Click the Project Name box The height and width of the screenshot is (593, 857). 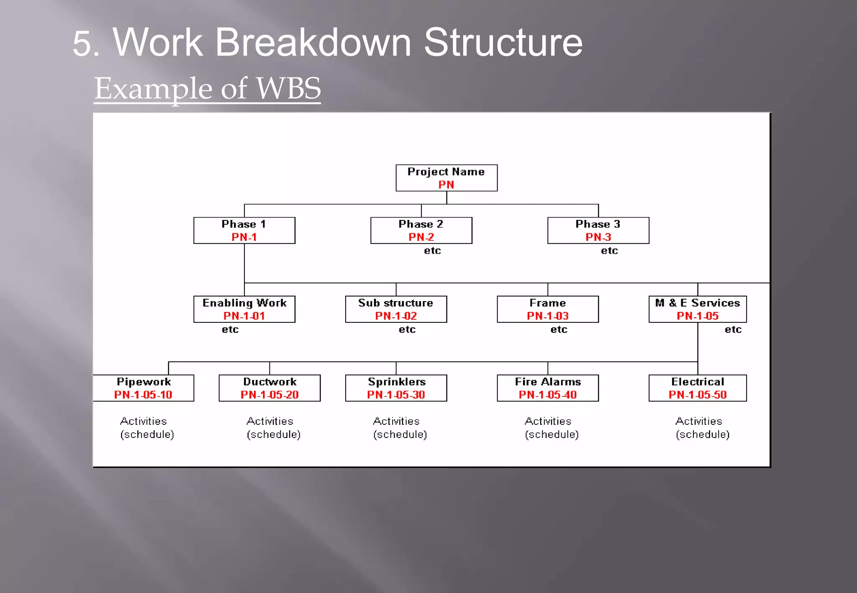coord(446,178)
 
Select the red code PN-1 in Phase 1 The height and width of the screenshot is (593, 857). coord(244,237)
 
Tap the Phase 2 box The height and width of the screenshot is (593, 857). coord(421,230)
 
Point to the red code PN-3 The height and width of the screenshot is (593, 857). coord(598,237)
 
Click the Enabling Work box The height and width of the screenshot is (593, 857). coord(244,309)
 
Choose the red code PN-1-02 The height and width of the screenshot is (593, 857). coord(396,316)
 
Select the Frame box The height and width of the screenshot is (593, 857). coord(547,309)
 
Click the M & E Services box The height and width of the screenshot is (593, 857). coord(698,309)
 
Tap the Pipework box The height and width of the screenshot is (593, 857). coord(144,388)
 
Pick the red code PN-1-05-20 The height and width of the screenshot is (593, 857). coord(269,395)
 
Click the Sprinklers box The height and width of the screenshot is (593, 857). coord(396,388)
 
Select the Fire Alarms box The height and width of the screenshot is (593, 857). coord(547,388)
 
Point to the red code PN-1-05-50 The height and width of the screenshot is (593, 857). coord(698,395)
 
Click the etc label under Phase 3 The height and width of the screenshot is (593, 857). coord(609,251)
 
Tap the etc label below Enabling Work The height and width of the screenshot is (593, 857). coord(230,330)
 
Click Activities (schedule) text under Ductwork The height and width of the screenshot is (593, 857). coord(273,428)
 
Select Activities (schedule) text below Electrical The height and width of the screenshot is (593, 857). coord(702,428)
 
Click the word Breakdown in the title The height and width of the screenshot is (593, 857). coord(313,43)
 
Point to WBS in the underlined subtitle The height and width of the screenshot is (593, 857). coord(288,89)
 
